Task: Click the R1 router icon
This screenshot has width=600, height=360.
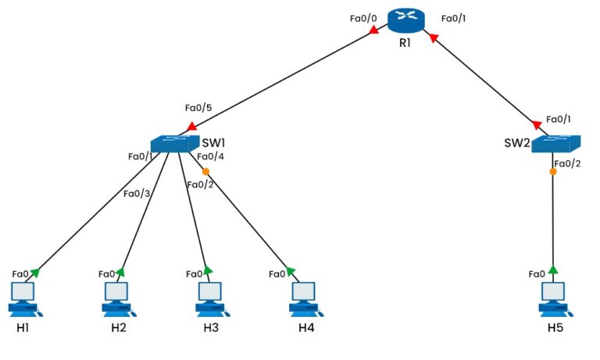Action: pos(405,21)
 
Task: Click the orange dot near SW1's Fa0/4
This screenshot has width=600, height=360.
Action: pos(205,172)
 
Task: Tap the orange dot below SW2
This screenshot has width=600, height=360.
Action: pos(552,171)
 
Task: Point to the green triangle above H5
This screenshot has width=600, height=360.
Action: pos(553,270)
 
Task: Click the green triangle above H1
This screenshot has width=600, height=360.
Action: pos(34,272)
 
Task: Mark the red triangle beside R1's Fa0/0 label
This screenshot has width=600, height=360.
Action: pos(373,30)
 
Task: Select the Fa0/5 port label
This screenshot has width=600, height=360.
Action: pos(198,108)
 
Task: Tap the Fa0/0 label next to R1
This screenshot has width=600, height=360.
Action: pos(363,17)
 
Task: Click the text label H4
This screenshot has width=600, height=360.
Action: pos(306,327)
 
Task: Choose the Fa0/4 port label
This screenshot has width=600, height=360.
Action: pos(210,156)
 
